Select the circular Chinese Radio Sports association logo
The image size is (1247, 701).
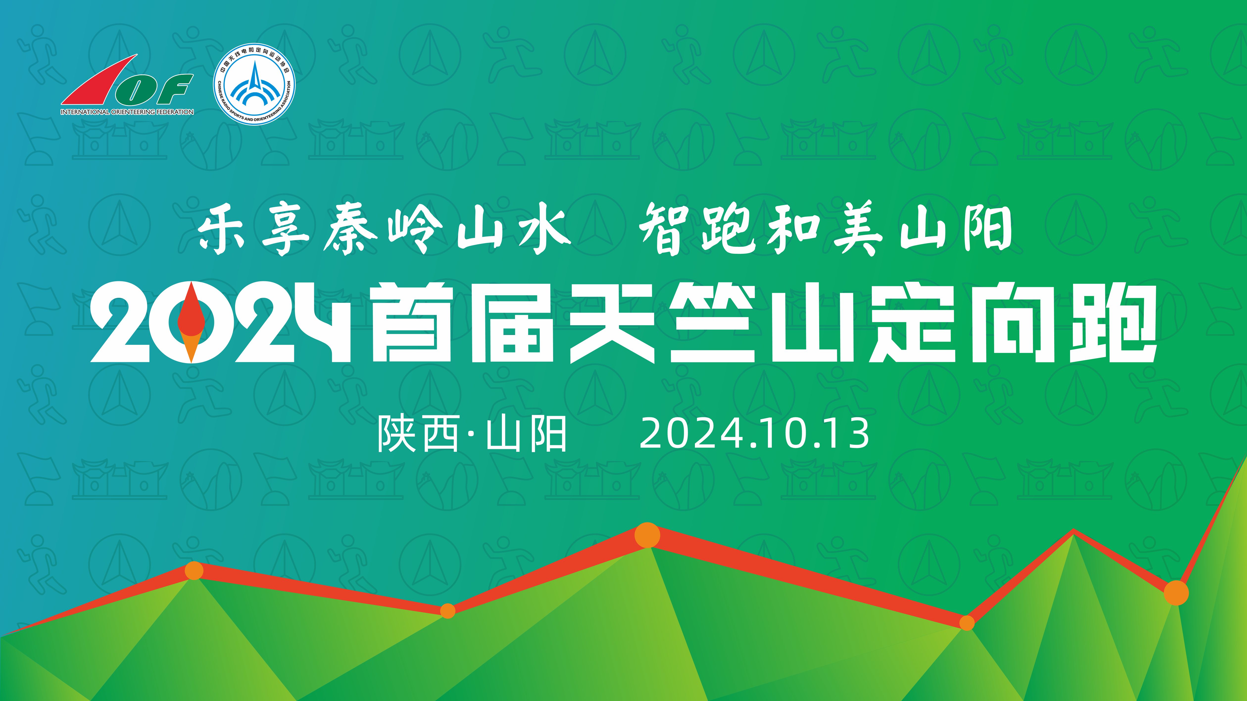click(x=254, y=84)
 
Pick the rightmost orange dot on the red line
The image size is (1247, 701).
click(x=1176, y=593)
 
